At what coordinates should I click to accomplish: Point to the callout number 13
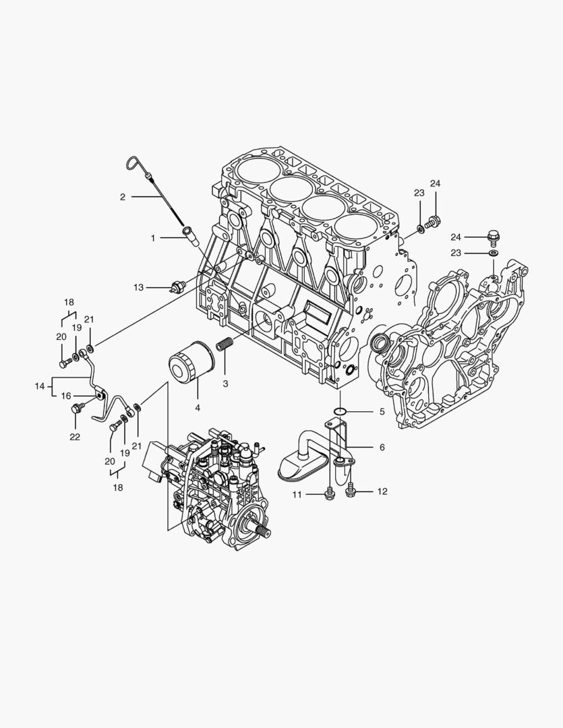138,288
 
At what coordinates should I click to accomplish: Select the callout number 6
382,448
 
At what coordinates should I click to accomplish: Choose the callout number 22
75,437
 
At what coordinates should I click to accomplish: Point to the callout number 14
40,386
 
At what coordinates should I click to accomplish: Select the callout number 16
66,396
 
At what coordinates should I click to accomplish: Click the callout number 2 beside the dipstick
123,197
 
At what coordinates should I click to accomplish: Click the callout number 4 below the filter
198,407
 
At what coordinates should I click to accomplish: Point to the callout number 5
382,411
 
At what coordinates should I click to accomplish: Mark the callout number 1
153,238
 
